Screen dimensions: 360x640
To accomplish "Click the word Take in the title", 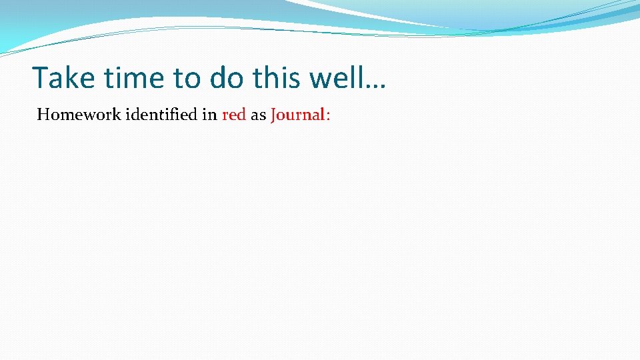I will (x=63, y=78).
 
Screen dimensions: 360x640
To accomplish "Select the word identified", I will (x=161, y=115).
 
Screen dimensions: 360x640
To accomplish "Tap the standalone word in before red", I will (x=209, y=115).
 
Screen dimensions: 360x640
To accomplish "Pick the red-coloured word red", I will (x=234, y=115).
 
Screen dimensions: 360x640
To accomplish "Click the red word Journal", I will (x=297, y=115).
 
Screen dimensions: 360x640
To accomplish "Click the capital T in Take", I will (x=41, y=78).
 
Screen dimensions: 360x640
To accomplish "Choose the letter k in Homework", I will (x=117, y=115).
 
